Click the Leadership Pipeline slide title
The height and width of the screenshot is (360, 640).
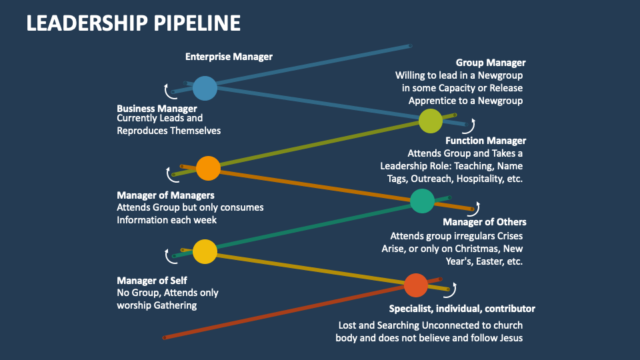pyautogui.click(x=133, y=23)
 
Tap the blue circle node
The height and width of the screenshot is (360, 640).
pyautogui.click(x=205, y=88)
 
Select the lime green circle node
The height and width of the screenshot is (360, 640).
pyautogui.click(x=431, y=121)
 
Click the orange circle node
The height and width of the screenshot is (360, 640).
pyautogui.click(x=208, y=168)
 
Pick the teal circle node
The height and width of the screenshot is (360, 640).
pyautogui.click(x=422, y=201)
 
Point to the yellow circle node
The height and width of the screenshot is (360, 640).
pyautogui.click(x=205, y=251)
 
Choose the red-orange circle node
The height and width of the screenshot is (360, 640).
pyautogui.click(x=415, y=285)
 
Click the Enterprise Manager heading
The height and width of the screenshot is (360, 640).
pyautogui.click(x=229, y=57)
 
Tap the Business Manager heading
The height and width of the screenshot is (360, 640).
pyautogui.click(x=157, y=108)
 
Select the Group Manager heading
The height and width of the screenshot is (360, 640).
pyautogui.click(x=491, y=63)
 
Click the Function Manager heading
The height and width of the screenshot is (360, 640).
pyautogui.click(x=485, y=141)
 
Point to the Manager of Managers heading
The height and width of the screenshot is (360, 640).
pyautogui.click(x=165, y=195)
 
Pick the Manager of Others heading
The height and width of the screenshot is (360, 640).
pyautogui.click(x=484, y=222)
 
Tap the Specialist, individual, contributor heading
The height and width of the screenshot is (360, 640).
pyautogui.click(x=462, y=309)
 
